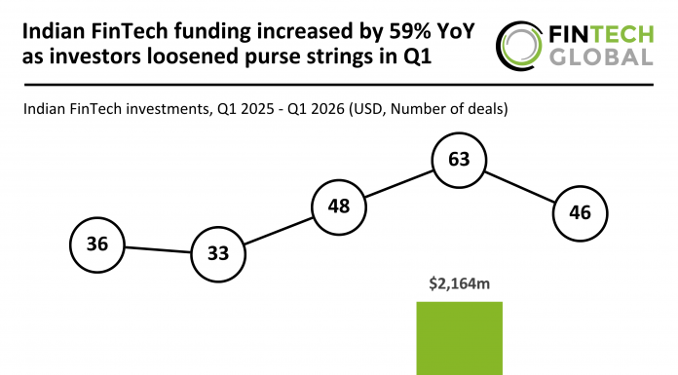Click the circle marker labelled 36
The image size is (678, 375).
pos(97,244)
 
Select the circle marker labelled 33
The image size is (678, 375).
pos(218,254)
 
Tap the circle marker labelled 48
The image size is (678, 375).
pos(338,206)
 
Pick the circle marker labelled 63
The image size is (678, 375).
pos(459,160)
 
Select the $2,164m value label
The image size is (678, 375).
pos(459,284)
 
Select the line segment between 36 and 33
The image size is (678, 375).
pos(158,249)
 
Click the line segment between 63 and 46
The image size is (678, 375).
pos(519,186)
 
